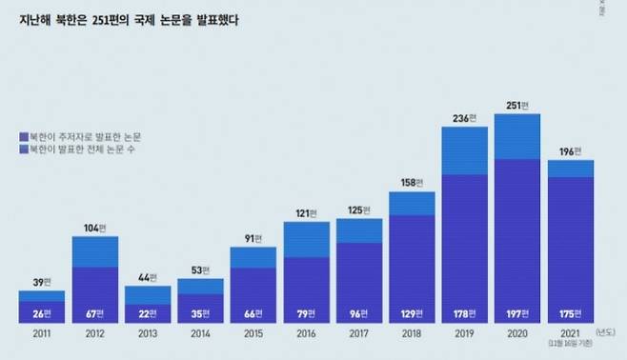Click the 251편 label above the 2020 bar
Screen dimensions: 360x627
coord(516,105)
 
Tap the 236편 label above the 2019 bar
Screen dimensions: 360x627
coord(464,118)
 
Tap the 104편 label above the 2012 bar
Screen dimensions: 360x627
coord(94,229)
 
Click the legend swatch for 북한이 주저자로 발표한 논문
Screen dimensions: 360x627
coord(23,137)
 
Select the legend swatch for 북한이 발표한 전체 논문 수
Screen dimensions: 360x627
coord(23,150)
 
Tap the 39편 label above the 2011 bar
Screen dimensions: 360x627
coord(41,283)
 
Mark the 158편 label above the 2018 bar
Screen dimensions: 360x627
coord(412,182)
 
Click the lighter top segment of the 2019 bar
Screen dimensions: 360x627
coord(464,150)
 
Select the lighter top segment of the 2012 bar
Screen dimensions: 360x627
coord(94,250)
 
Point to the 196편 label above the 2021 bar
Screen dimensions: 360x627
coord(570,151)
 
